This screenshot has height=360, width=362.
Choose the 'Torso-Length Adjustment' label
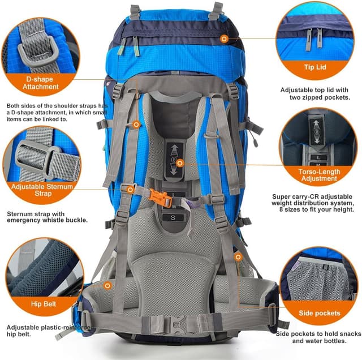click(317, 174)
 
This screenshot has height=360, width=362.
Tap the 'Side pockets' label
click(320, 312)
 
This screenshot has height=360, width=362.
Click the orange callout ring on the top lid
click(225, 38)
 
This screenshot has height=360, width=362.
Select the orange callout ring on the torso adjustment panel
click(180, 163)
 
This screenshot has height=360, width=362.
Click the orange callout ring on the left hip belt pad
click(106, 286)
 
